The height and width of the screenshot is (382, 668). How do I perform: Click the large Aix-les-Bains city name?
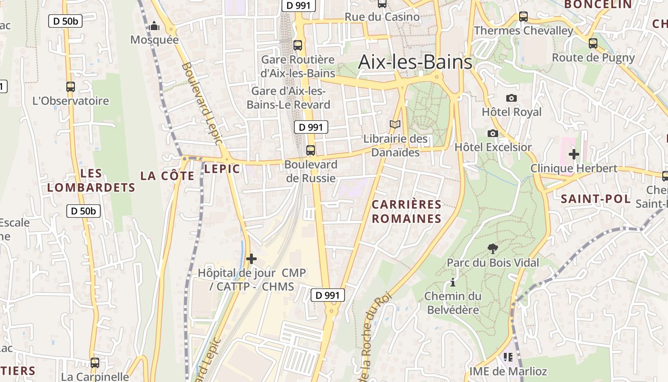415,62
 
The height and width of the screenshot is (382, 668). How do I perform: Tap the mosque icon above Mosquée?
154,26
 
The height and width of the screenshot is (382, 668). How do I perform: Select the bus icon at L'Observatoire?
71,87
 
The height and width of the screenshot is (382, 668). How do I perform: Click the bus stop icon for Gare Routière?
298,45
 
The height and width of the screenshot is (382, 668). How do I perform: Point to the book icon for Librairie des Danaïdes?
395,124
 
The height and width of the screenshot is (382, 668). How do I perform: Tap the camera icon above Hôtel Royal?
511,98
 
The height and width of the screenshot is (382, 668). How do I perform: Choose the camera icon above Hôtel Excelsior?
493,133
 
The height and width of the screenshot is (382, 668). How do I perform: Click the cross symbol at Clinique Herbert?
574,154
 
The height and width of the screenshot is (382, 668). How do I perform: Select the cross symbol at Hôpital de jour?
251,259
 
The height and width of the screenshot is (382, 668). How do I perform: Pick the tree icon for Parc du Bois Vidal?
493,248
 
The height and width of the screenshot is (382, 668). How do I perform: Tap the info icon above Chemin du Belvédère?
452,283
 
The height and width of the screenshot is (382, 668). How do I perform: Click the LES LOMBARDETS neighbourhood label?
92,180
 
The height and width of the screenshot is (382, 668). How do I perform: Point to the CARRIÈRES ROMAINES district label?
407,212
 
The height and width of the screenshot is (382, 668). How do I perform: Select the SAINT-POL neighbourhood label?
595,199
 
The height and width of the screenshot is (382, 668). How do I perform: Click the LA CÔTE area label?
167,176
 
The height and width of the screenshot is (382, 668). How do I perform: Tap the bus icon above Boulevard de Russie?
311,150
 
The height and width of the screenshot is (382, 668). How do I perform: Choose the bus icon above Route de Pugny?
593,43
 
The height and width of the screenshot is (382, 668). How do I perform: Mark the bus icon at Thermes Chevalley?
523,17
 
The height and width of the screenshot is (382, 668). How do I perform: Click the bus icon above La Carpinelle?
95,363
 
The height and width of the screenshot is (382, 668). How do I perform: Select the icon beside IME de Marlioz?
508,357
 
